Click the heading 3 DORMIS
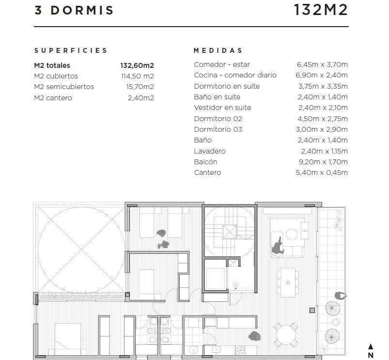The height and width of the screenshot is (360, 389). (x=74, y=10)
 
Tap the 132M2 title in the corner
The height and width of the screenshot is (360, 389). (x=321, y=10)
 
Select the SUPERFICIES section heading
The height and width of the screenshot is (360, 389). (x=71, y=50)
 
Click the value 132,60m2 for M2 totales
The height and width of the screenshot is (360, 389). (x=137, y=65)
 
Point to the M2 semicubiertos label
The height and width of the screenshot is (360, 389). (x=64, y=87)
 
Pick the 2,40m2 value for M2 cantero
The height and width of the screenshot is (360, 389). (x=140, y=98)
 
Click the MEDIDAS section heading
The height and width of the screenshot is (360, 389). (x=218, y=50)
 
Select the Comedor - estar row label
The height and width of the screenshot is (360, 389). (x=222, y=64)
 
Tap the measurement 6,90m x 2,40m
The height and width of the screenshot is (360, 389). (x=322, y=75)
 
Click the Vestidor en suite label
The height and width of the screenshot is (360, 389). (x=222, y=108)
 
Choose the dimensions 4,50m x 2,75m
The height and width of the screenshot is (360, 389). (x=323, y=119)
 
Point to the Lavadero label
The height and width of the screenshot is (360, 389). (x=210, y=151)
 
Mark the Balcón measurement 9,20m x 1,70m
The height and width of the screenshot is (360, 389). (x=323, y=162)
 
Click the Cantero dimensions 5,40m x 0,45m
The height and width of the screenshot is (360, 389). (x=322, y=172)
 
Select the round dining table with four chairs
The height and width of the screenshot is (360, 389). (x=286, y=335)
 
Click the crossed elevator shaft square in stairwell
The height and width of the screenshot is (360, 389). (x=230, y=232)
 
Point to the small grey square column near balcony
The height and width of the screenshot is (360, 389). (x=312, y=310)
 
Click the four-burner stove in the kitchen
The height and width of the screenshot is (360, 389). (x=240, y=351)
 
